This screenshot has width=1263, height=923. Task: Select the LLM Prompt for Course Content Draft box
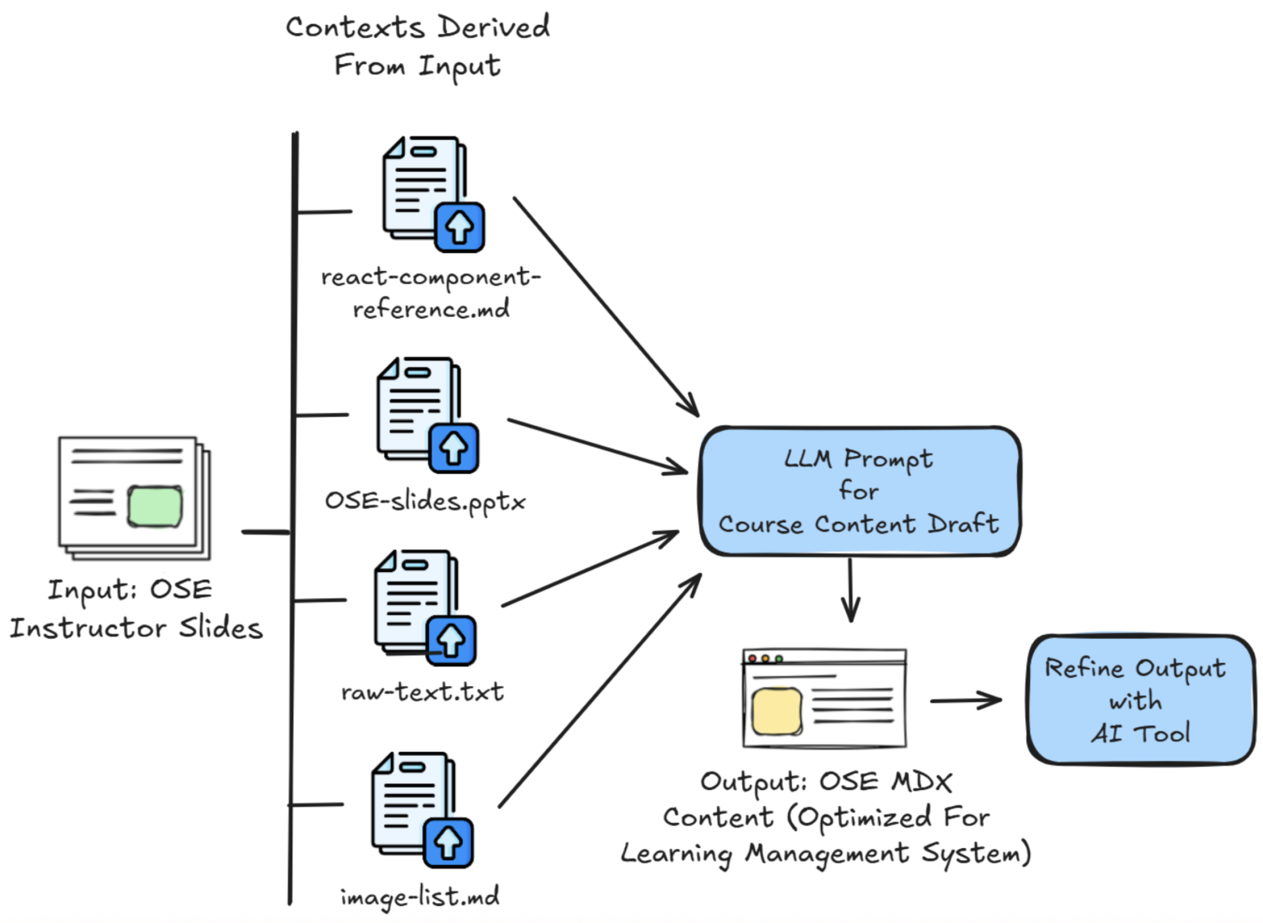pyautogui.click(x=859, y=491)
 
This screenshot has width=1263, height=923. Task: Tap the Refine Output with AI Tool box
pyautogui.click(x=1140, y=700)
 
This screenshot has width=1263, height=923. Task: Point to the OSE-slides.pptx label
pyautogui.click(x=425, y=501)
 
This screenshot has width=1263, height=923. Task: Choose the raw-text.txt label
pyautogui.click(x=422, y=692)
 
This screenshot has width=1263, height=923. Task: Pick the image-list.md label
pyautogui.click(x=420, y=897)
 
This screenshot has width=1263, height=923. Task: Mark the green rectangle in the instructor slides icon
pyautogui.click(x=155, y=506)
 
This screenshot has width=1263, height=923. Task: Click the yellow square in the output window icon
pyautogui.click(x=776, y=711)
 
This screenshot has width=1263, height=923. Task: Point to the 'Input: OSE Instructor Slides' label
pyautogui.click(x=136, y=609)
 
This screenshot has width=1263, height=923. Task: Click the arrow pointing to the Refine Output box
pyautogui.click(x=965, y=700)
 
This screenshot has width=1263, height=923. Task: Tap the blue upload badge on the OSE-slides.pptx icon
pyautogui.click(x=454, y=448)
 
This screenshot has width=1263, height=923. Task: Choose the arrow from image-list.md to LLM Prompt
pyautogui.click(x=599, y=692)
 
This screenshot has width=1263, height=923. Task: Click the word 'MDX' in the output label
pyautogui.click(x=921, y=782)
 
